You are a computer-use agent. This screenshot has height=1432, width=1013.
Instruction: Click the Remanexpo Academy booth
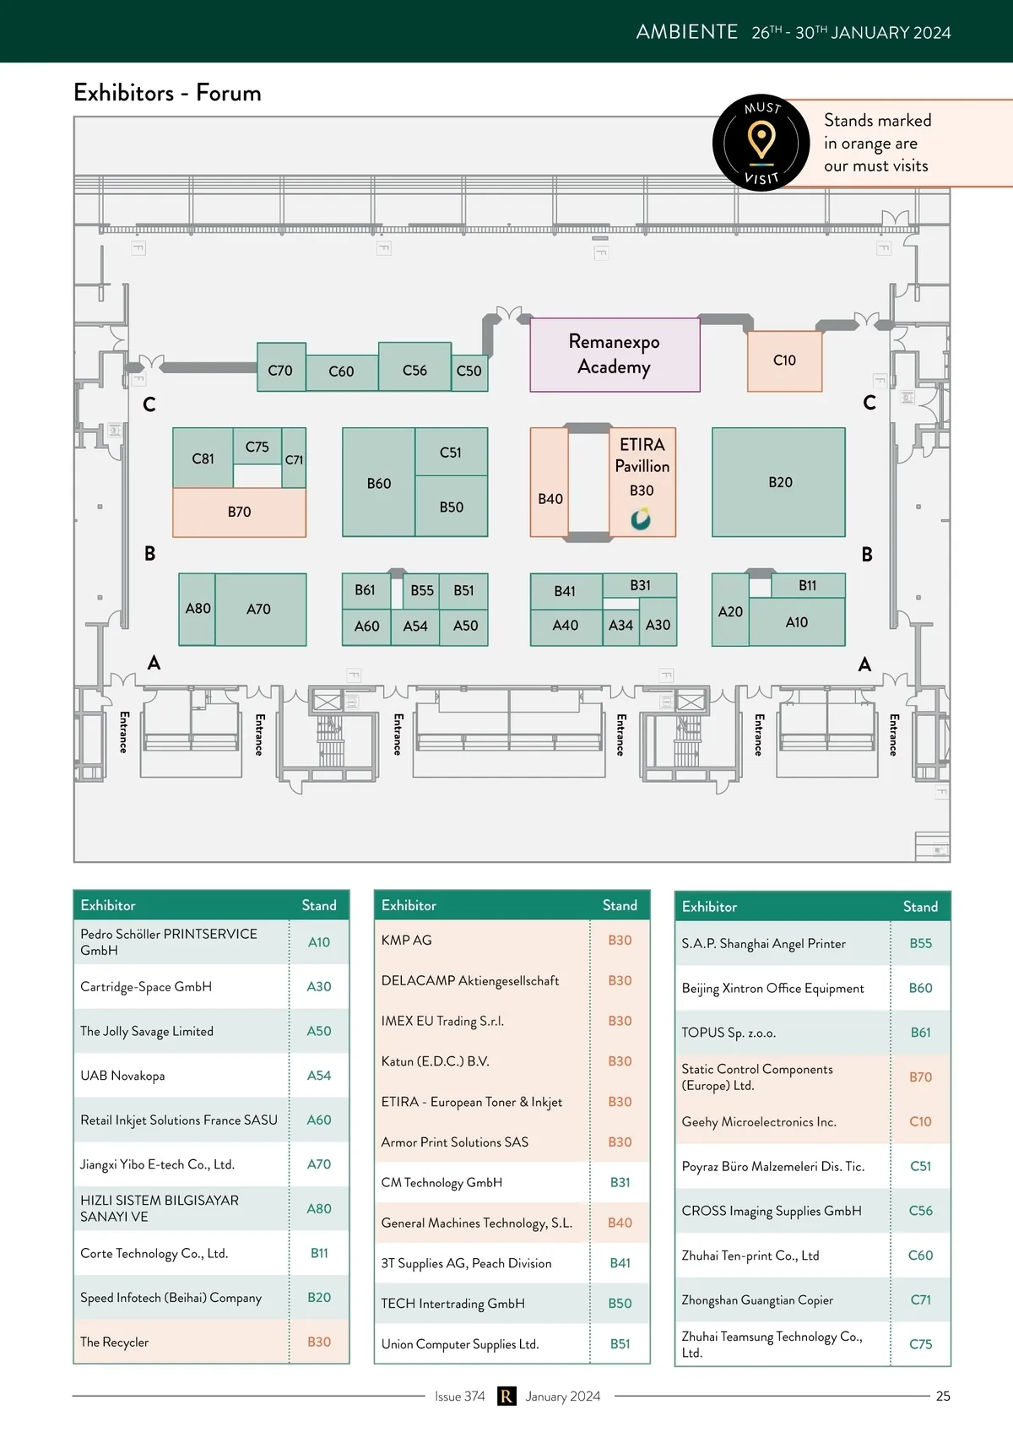pos(615,355)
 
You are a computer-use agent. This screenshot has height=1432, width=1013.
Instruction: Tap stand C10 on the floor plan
pos(784,361)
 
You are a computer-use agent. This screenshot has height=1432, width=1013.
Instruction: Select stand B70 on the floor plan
pos(239,512)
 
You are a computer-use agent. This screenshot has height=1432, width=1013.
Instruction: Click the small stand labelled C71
pos(294,459)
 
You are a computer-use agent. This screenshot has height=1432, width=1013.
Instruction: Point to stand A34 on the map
pos(620,626)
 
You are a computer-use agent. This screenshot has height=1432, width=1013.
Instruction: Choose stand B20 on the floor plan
pos(778,482)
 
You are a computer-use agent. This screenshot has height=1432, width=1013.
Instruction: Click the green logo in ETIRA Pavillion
pos(641,518)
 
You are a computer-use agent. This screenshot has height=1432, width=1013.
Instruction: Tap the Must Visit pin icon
pos(761,140)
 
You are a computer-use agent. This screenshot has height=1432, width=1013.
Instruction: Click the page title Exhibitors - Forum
pos(167,93)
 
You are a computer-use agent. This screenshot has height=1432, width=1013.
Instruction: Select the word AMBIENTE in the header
pos(687,32)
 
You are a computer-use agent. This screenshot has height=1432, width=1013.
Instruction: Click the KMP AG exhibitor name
pos(406,941)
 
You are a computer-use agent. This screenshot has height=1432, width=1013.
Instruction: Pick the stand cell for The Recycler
pos(319,1342)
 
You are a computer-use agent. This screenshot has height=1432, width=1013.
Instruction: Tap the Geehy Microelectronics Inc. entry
pos(759,1122)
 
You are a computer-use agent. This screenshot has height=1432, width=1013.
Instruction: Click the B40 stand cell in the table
pos(620,1223)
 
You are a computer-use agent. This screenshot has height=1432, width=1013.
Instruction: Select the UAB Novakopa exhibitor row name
pos(122,1076)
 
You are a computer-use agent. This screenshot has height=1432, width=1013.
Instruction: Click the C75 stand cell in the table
pos(920,1344)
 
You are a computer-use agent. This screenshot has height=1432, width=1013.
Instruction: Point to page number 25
pos(943,1397)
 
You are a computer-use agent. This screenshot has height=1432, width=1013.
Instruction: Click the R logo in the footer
pos(506,1397)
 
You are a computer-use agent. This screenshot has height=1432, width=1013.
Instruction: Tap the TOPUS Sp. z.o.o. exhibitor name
pos(729,1033)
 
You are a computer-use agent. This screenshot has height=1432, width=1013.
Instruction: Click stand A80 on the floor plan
pos(198,609)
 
